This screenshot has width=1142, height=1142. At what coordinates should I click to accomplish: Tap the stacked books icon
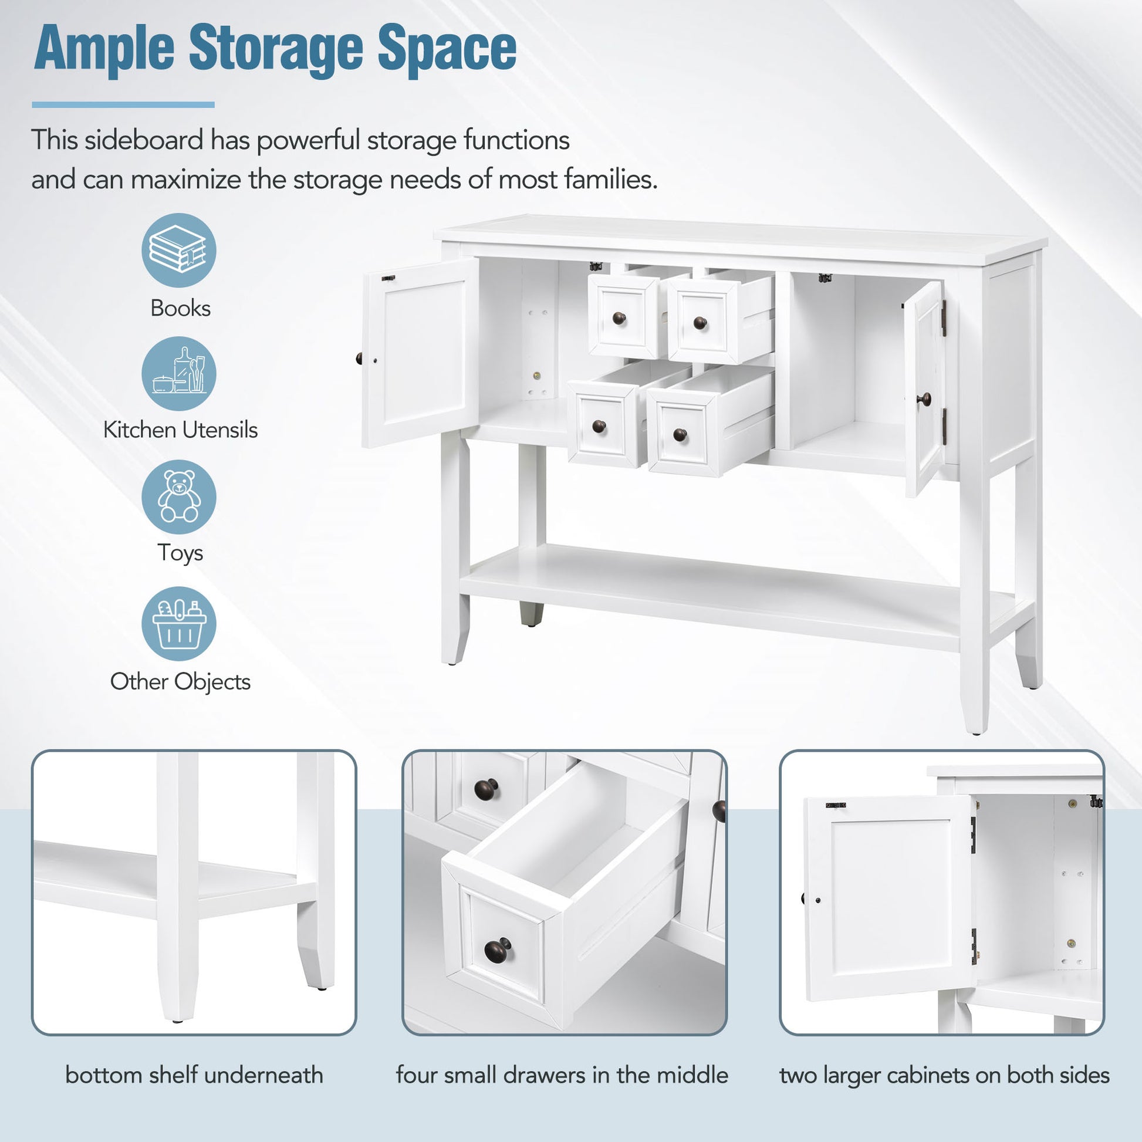click(x=178, y=250)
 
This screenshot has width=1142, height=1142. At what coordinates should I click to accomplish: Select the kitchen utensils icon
click(x=178, y=374)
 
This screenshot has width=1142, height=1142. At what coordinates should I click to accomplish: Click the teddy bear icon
click(x=178, y=497)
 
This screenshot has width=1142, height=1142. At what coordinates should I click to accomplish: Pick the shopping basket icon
click(x=178, y=624)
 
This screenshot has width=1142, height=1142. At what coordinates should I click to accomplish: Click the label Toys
click(x=180, y=553)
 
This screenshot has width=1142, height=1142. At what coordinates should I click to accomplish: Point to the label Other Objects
click(x=180, y=681)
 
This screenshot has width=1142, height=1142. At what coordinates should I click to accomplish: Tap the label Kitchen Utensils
click(x=180, y=430)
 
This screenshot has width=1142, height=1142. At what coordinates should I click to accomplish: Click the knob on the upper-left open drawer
click(x=619, y=319)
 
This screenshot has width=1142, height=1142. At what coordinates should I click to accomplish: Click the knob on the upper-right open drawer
click(x=700, y=323)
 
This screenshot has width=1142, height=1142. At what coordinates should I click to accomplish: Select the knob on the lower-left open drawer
click(x=599, y=426)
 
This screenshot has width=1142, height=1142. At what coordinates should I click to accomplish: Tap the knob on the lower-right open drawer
click(x=680, y=435)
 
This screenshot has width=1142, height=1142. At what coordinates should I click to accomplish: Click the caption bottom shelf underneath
click(x=194, y=1075)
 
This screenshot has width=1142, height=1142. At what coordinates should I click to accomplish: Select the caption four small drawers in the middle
click(x=562, y=1075)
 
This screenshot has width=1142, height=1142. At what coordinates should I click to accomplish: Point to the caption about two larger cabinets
click(x=944, y=1075)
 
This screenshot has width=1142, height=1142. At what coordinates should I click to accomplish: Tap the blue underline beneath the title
click(x=123, y=104)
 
